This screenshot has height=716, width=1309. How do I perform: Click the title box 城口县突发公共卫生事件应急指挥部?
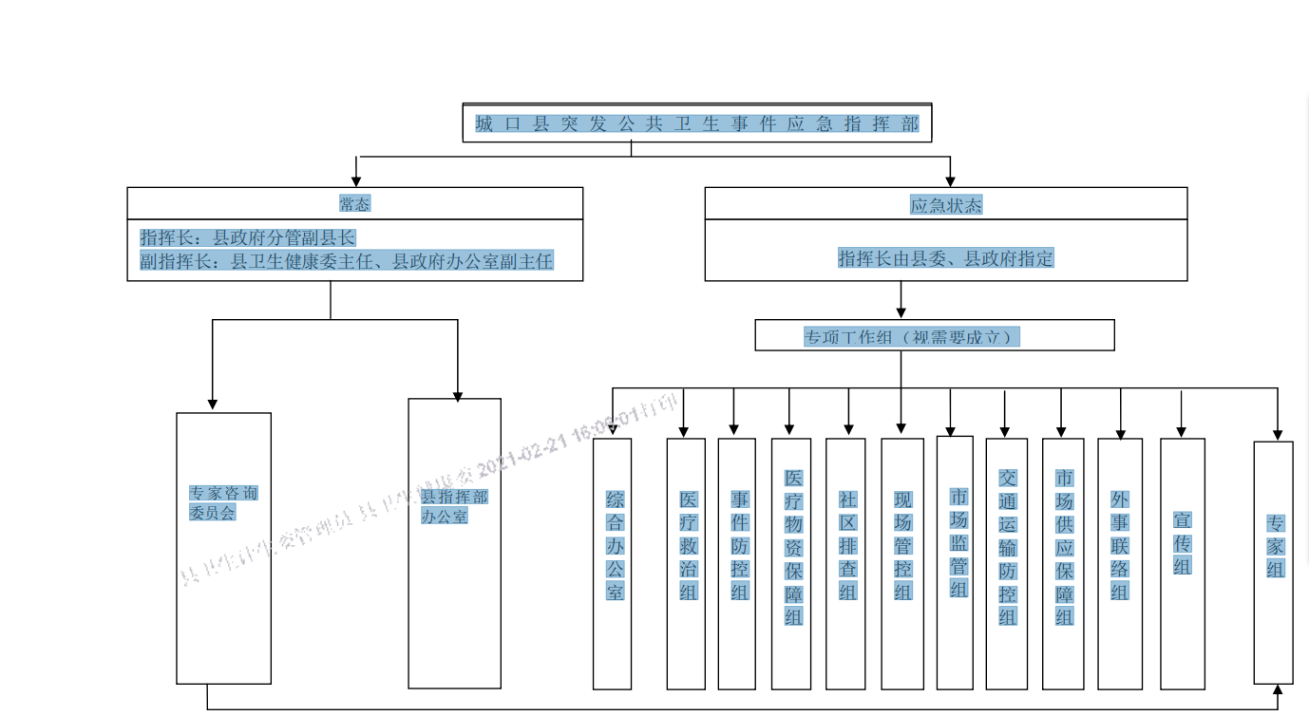coord(696,123)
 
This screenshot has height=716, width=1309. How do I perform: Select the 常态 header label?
coord(354,203)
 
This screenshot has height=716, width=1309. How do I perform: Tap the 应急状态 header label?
coord(945,204)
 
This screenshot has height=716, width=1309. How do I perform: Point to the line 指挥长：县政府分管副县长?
coord(248,237)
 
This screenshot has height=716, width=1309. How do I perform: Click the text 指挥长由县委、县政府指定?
coord(945,258)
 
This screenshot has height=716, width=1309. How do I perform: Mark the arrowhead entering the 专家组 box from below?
coord(1278,690)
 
